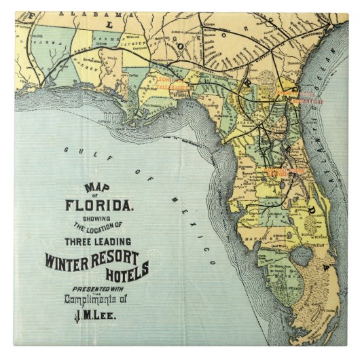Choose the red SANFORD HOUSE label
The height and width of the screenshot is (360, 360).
286,173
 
